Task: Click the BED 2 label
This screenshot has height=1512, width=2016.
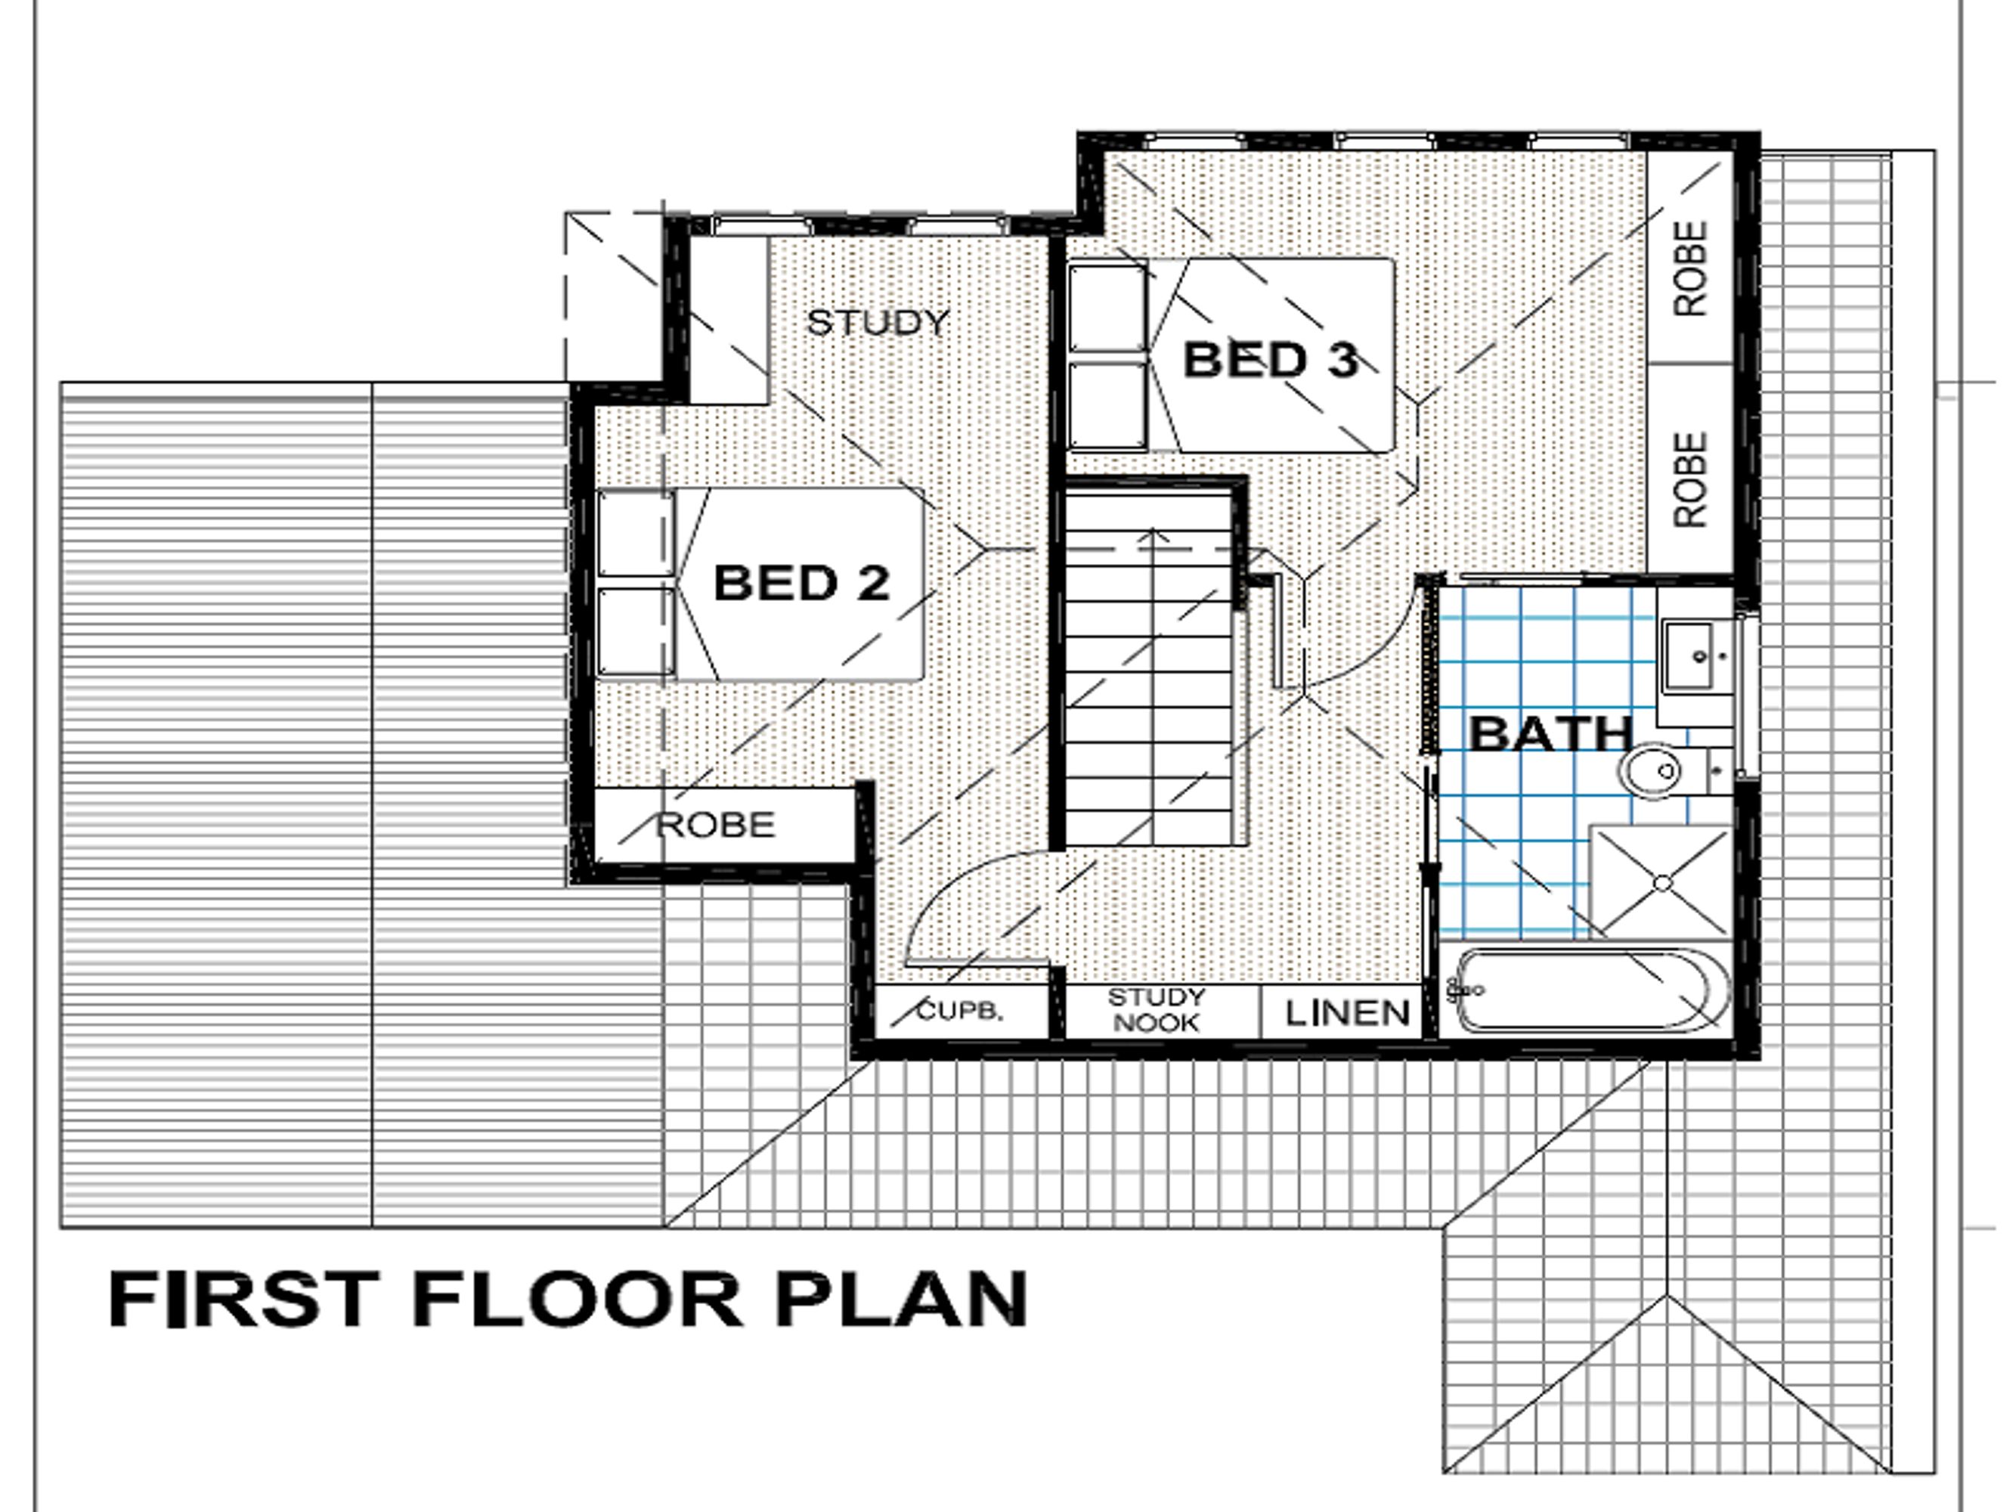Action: (x=801, y=584)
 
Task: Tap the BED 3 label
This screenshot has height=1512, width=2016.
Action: (x=1271, y=360)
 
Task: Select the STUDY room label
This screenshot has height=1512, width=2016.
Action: (x=878, y=323)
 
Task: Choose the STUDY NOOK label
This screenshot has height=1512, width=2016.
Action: (x=1156, y=1010)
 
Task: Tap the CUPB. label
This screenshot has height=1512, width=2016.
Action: (x=960, y=1011)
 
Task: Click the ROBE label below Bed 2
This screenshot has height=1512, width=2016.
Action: (x=715, y=826)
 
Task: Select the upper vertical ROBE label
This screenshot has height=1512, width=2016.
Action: (x=1691, y=269)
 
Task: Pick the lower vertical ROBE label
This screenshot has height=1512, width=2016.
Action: (x=1691, y=479)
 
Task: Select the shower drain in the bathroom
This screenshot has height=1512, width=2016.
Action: (x=1662, y=883)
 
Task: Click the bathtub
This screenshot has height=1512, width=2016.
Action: (x=1590, y=990)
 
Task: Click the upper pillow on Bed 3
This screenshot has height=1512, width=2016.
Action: (x=1108, y=308)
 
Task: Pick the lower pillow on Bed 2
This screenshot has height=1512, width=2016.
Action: (x=636, y=631)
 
